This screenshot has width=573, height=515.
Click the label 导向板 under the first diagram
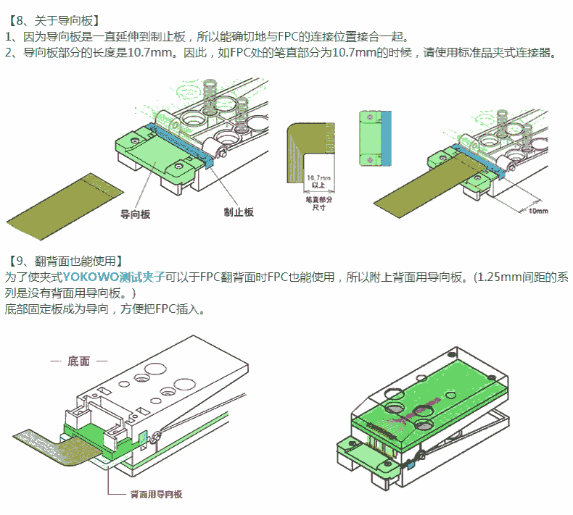[135, 214]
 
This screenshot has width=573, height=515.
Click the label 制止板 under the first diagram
[239, 212]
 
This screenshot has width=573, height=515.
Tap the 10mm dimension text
[537, 211]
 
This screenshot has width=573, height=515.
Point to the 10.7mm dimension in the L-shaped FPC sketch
[318, 178]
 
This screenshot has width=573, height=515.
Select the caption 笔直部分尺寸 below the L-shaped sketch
[318, 202]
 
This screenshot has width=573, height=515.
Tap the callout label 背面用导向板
[155, 494]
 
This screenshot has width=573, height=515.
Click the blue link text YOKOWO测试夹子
[113, 276]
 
